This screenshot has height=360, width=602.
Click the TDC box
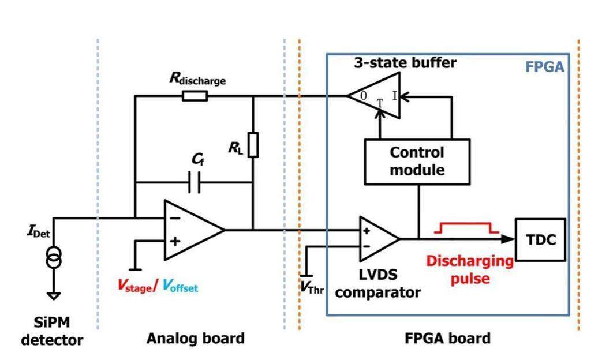point(541,239)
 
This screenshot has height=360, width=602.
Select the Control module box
point(417,161)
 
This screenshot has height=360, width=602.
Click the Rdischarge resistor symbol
point(195,96)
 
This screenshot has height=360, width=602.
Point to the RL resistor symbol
point(253,144)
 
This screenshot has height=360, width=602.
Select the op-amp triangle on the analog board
point(190,230)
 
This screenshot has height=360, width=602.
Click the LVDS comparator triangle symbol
point(376,239)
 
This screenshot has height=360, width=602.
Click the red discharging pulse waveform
point(467,228)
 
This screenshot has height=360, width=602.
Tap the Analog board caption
point(196,337)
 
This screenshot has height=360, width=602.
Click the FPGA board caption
point(440,337)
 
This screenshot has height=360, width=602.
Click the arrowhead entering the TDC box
point(508,239)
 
